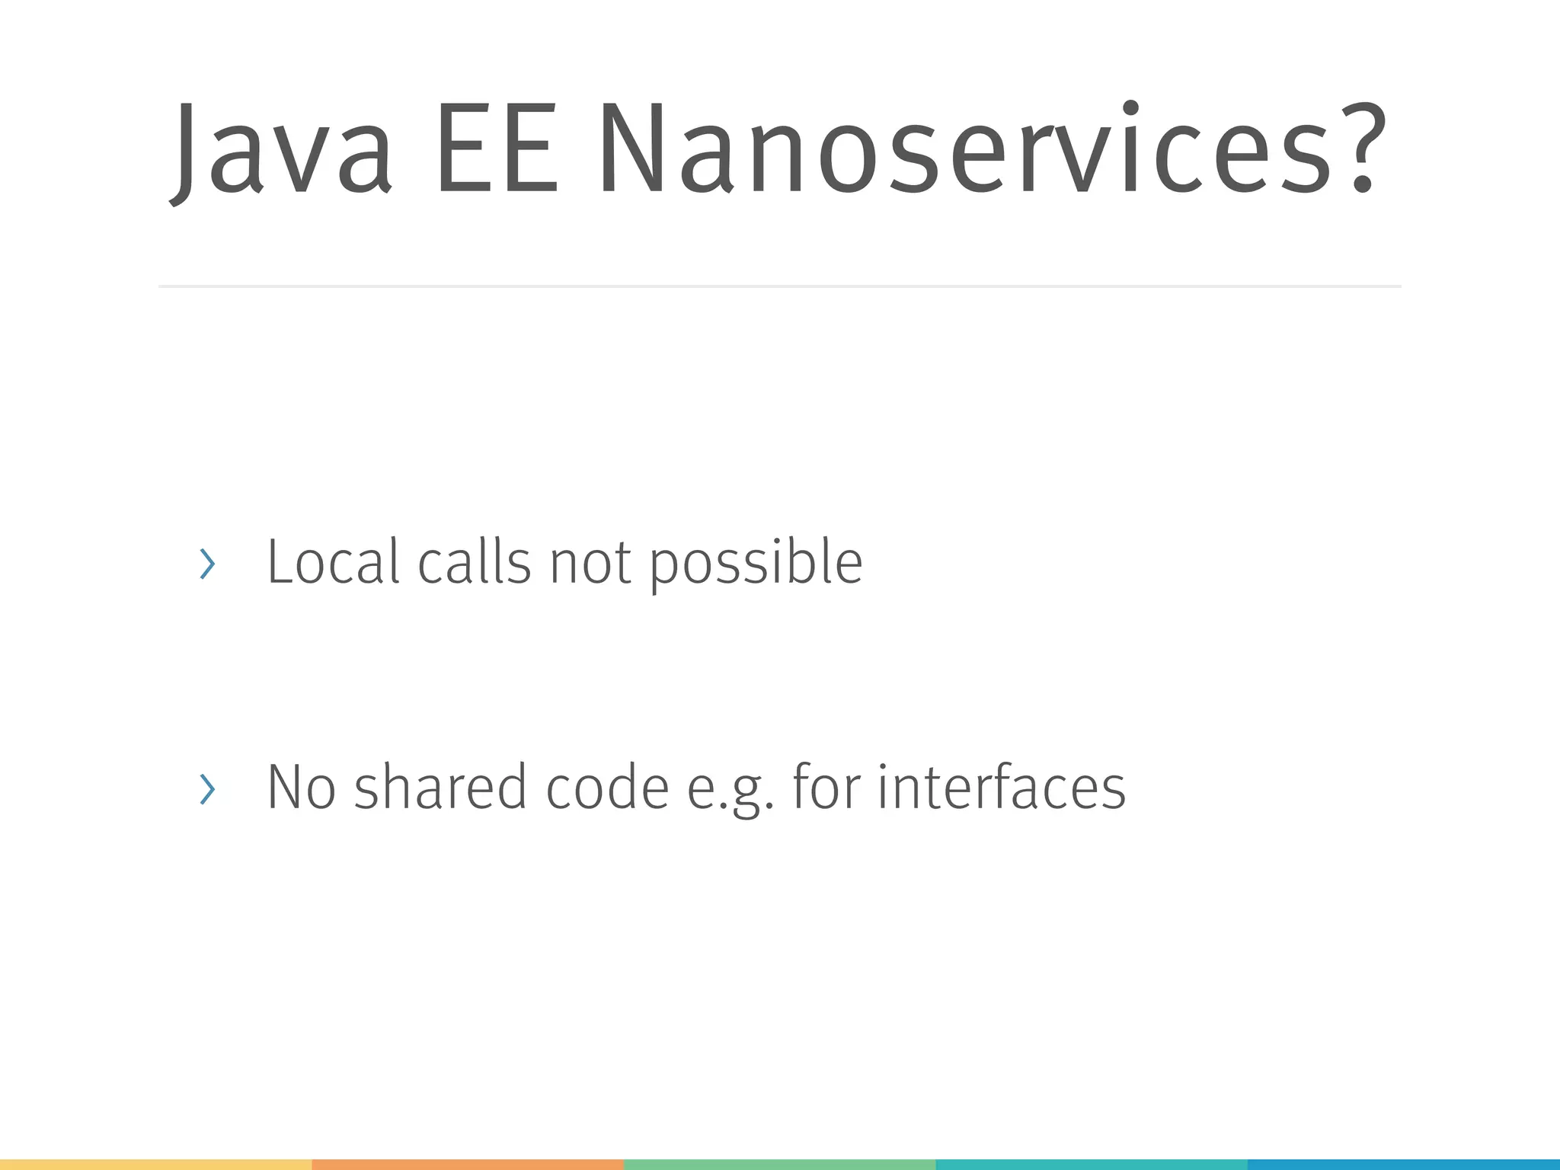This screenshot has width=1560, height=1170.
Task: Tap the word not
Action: point(590,564)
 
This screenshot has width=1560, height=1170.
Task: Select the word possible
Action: point(756,564)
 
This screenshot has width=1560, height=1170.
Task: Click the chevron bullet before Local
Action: point(206,564)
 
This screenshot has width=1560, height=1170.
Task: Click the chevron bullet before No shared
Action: point(206,789)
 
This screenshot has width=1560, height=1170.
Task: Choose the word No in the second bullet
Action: point(301,787)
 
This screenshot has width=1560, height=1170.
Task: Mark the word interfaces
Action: point(1001,787)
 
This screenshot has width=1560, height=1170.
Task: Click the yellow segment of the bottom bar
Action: point(155,1165)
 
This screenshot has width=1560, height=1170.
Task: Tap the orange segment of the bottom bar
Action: point(468,1165)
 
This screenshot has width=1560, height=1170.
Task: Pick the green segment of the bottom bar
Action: point(779,1165)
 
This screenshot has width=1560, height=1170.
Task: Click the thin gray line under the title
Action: point(779,286)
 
